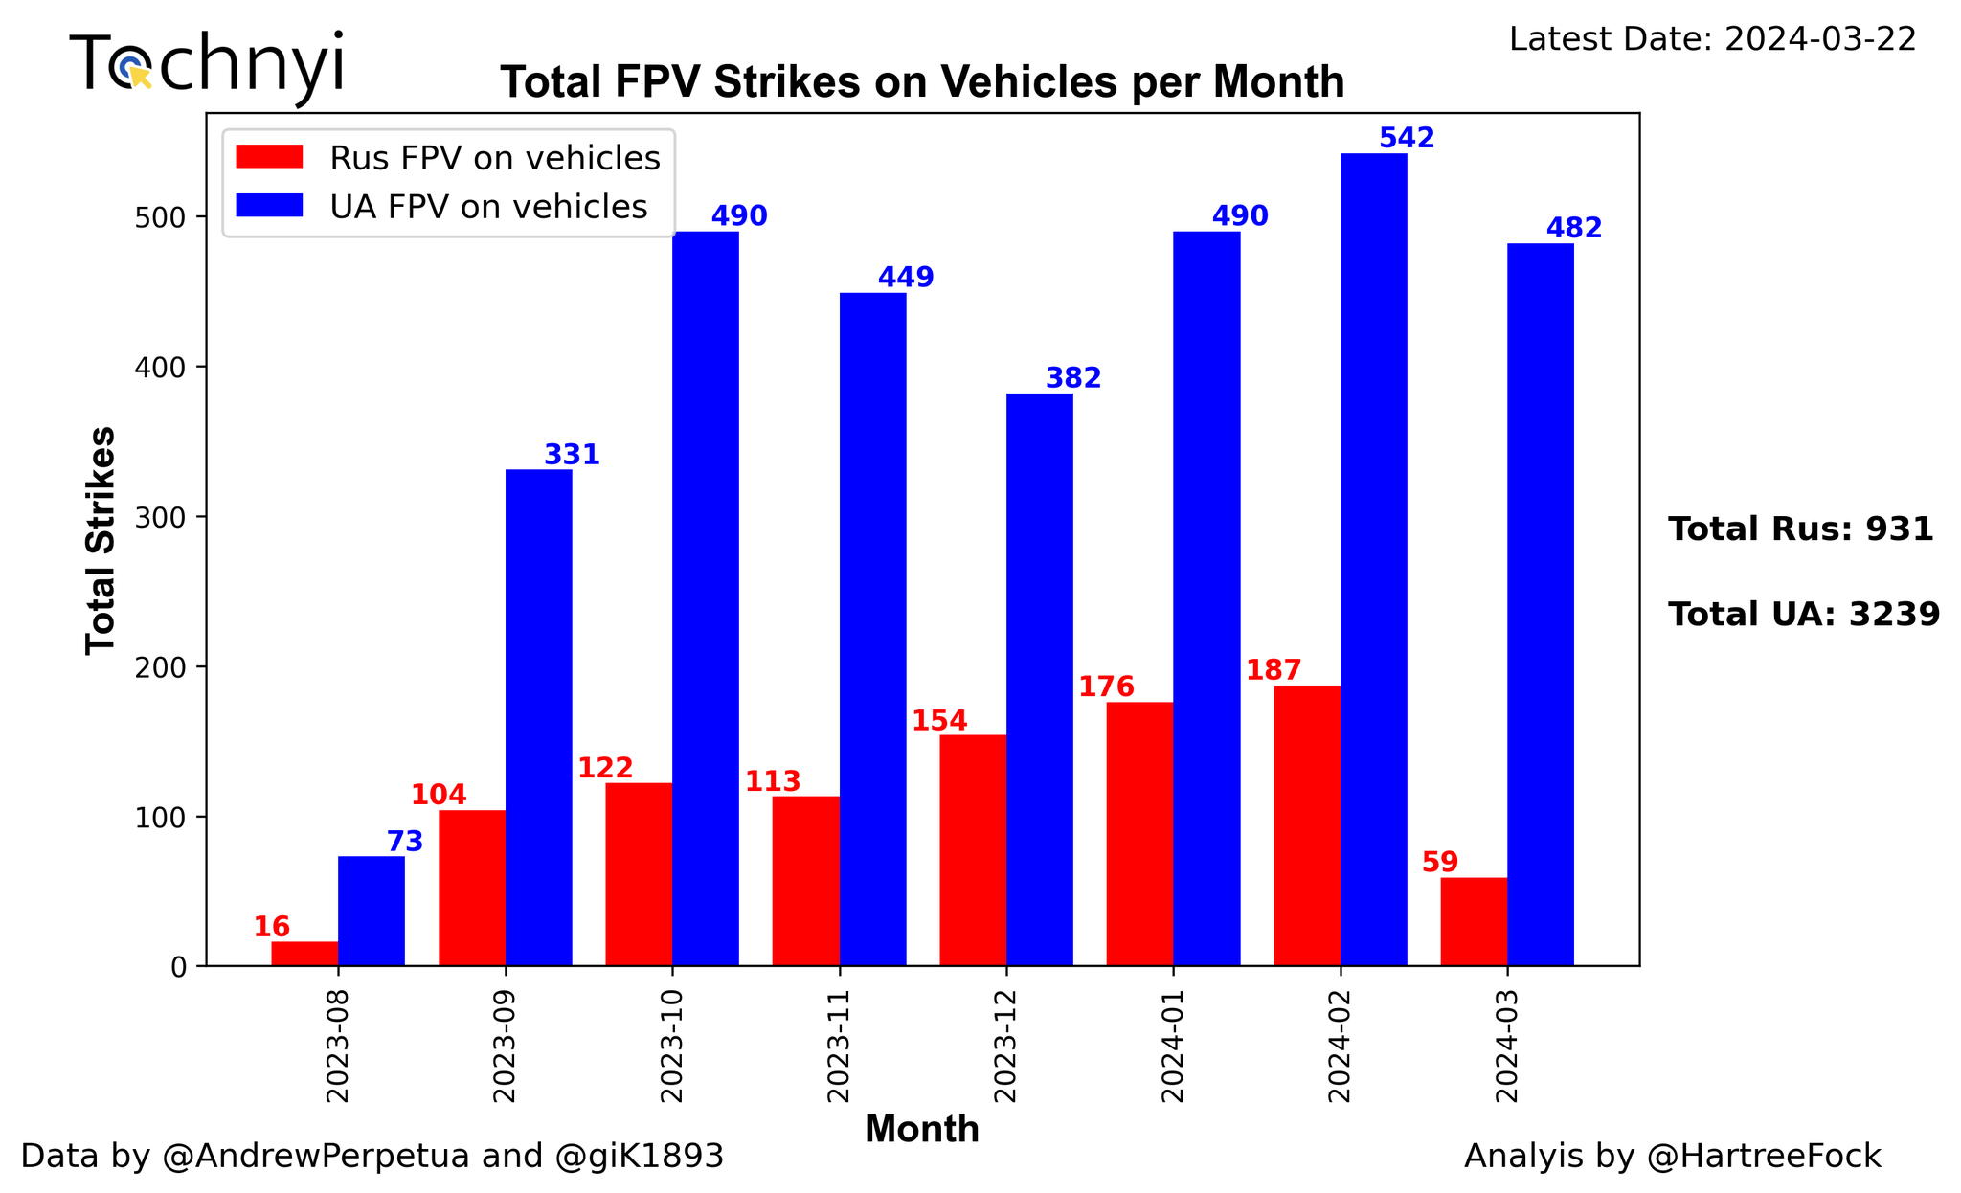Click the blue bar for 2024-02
[x=1373, y=559]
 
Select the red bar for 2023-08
[x=304, y=954]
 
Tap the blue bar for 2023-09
[x=538, y=717]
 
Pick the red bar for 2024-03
[x=1474, y=921]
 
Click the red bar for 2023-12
[x=973, y=850]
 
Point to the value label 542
[x=1407, y=139]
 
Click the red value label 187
[x=1274, y=670]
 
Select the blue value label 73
[x=405, y=843]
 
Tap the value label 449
[x=906, y=278]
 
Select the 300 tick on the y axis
[x=166, y=517]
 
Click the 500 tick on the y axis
[x=166, y=217]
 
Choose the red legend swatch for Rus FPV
[x=270, y=157]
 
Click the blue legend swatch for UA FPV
[x=270, y=206]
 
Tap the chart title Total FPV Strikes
[x=922, y=82]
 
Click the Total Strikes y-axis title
[x=101, y=540]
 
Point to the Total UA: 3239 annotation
[x=1804, y=615]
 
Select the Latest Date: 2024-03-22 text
[x=1712, y=39]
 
